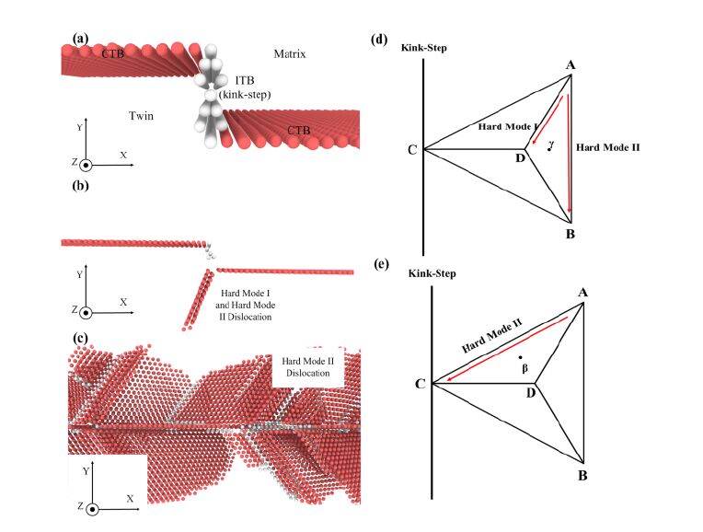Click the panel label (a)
coord(80,39)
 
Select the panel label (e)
coord(379,264)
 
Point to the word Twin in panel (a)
coord(141,117)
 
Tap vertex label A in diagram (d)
coord(571,64)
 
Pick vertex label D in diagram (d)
coord(519,158)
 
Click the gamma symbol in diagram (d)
coord(550,144)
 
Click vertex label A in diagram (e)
coord(583,293)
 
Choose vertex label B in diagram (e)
coord(583,475)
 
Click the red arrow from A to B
coord(570,147)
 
